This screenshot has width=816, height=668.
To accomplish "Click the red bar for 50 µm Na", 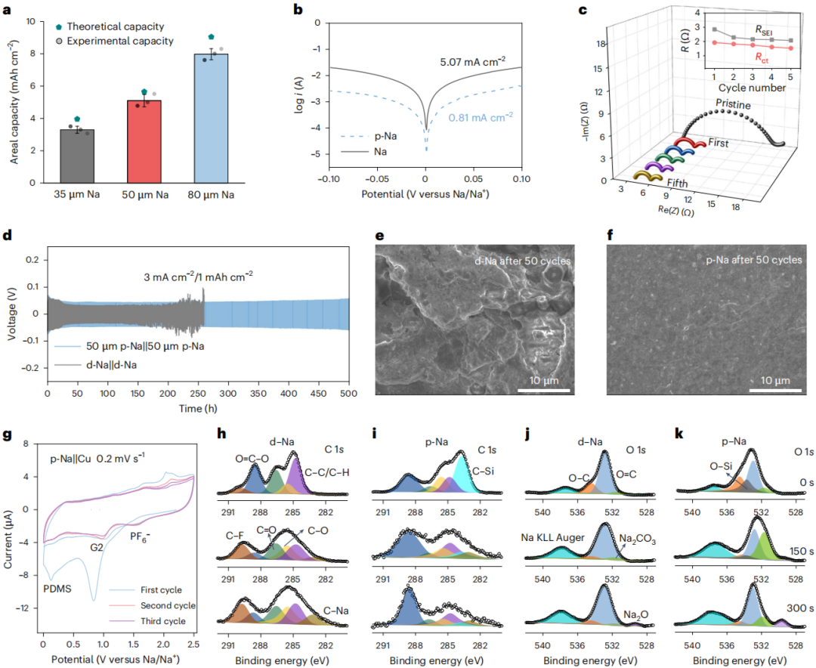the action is click(144, 141).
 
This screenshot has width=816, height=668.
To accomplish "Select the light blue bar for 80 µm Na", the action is click(211, 118).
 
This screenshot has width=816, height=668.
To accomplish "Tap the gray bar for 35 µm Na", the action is click(78, 156).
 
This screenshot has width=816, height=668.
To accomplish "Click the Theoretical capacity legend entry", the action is click(110, 26).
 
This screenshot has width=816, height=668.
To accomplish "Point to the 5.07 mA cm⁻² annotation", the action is click(472, 62).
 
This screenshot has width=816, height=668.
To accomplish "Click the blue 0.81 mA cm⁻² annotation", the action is click(481, 118).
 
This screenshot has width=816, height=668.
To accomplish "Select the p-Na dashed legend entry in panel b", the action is click(369, 137).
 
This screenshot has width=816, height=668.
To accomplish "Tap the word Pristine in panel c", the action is click(733, 104).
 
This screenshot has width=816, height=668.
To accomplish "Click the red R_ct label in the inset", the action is click(762, 57).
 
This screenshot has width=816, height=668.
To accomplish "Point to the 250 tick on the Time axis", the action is click(198, 394).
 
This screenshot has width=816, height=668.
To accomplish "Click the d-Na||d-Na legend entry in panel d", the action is click(96, 365).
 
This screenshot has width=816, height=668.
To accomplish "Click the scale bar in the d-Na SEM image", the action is click(544, 390).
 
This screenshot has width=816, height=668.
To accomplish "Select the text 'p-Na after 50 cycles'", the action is click(753, 260).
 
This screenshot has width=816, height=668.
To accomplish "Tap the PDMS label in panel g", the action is click(57, 589).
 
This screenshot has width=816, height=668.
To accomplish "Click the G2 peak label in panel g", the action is click(97, 547).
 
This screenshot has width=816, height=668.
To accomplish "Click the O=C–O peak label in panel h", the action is click(252, 459).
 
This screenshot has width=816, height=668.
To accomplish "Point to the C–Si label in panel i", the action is click(483, 472).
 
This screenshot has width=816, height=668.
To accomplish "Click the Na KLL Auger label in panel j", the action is click(552, 537).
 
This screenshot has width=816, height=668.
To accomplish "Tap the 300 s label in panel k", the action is click(800, 608).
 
